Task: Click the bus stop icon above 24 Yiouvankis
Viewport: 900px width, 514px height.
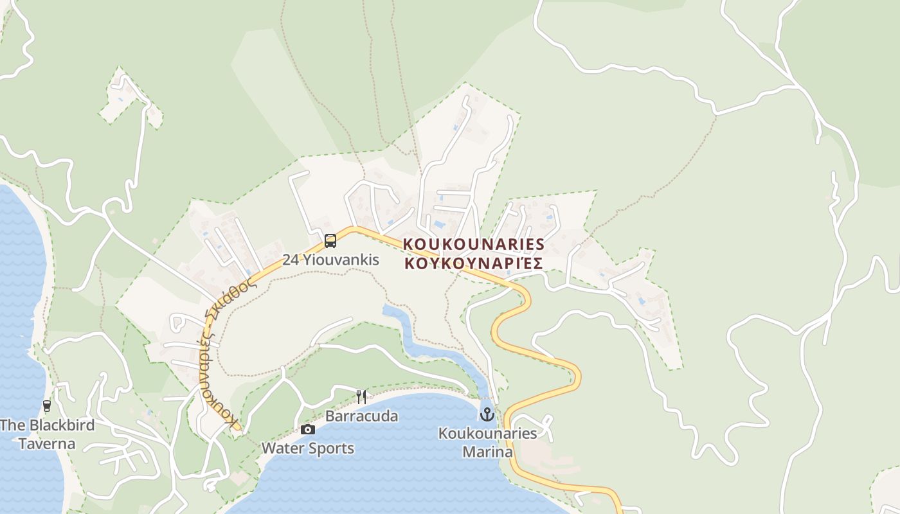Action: tap(330, 241)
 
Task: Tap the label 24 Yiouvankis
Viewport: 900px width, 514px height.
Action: tap(330, 260)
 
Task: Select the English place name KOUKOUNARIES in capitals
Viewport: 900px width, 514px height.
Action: tap(474, 245)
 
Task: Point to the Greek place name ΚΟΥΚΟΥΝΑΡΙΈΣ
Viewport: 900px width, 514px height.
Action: tap(474, 263)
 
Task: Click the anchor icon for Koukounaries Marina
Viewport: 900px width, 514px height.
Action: tap(487, 414)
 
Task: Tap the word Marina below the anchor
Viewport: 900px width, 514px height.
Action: tap(487, 452)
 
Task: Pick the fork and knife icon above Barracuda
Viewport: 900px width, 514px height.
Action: tap(361, 396)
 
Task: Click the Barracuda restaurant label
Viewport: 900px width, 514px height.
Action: tap(361, 416)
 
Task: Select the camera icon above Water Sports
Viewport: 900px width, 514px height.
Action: tap(308, 429)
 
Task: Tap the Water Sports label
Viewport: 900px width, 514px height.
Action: tap(308, 448)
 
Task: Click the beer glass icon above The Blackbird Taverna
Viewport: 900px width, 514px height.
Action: tap(46, 406)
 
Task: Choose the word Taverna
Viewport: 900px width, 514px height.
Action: tap(46, 444)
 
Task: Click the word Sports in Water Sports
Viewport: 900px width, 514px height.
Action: tap(330, 448)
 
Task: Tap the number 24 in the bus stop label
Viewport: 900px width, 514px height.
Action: tap(291, 260)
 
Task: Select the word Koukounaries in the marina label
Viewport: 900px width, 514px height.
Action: tap(487, 434)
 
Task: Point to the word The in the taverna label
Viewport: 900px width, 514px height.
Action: tap(12, 425)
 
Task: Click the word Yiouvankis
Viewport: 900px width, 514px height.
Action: tap(341, 260)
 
